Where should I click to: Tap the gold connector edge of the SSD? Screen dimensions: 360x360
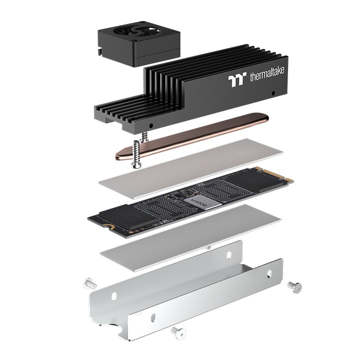[282, 176]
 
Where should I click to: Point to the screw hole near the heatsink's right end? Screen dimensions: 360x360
[273, 93]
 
